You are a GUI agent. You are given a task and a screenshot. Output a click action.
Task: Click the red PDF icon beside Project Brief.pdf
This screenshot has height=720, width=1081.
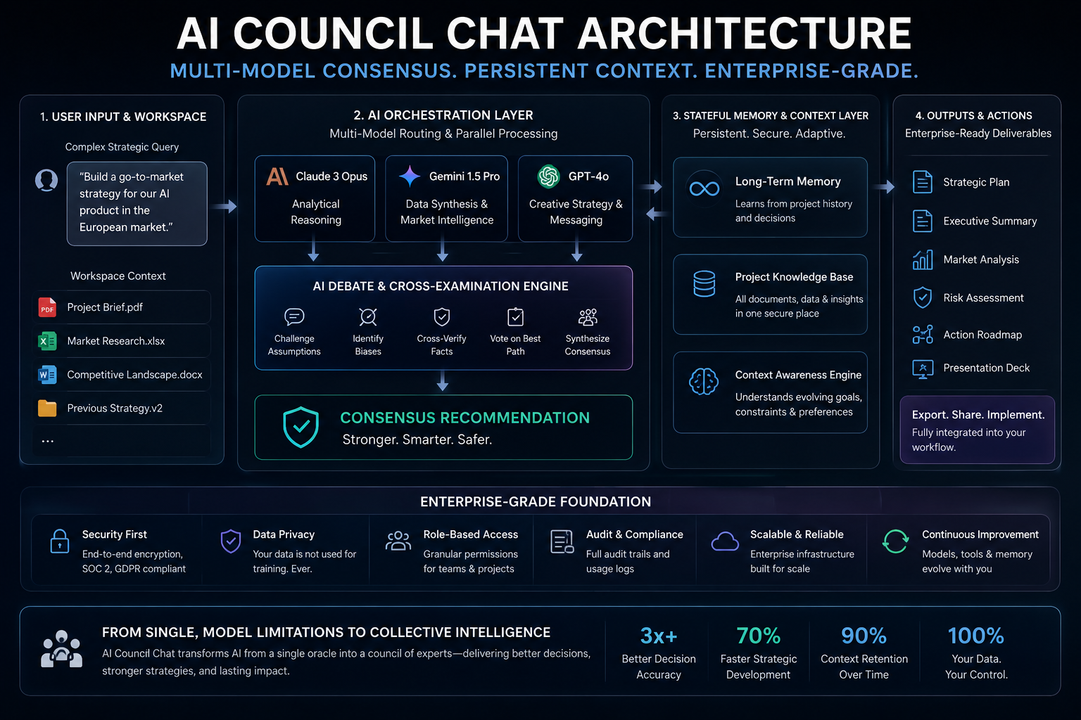click(47, 307)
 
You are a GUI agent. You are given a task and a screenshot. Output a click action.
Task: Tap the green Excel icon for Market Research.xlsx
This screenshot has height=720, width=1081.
click(47, 341)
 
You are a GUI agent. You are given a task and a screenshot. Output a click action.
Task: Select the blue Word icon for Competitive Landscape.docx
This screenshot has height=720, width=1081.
click(47, 375)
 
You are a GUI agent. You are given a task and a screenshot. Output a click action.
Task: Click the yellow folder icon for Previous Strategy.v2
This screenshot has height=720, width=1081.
click(47, 408)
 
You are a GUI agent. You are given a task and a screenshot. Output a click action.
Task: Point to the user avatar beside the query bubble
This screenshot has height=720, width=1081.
click(46, 181)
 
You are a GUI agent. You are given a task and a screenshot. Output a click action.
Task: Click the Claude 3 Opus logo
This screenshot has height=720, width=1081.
click(277, 176)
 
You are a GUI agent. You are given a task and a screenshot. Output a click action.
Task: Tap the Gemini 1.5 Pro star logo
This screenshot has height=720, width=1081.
click(410, 176)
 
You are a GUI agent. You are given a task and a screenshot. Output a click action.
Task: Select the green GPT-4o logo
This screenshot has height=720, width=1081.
click(548, 176)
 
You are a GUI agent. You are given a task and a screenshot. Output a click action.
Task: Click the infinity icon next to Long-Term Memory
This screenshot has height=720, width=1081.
click(704, 188)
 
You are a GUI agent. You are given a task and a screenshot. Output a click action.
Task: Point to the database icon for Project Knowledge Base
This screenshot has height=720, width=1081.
click(704, 283)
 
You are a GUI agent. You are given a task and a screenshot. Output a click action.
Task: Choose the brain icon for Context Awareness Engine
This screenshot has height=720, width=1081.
click(704, 382)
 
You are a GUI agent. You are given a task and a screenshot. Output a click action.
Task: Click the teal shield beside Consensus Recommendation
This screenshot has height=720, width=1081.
click(301, 427)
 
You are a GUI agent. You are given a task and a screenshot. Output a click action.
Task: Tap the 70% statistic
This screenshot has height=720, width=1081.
click(758, 636)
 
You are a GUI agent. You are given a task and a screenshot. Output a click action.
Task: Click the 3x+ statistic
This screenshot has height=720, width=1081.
click(659, 636)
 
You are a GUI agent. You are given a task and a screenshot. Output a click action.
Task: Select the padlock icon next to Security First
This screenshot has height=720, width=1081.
click(60, 541)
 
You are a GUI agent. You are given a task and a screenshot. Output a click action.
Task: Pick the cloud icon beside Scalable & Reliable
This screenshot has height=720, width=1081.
click(725, 541)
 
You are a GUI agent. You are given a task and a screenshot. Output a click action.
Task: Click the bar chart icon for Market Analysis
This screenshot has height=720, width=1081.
click(923, 259)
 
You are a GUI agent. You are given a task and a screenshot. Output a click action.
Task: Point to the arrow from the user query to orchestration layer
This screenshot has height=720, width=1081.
click(225, 207)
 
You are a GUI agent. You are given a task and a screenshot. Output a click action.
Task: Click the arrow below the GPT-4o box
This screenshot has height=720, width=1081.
click(576, 252)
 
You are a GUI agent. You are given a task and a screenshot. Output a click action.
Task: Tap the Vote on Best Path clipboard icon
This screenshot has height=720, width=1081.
click(515, 317)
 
